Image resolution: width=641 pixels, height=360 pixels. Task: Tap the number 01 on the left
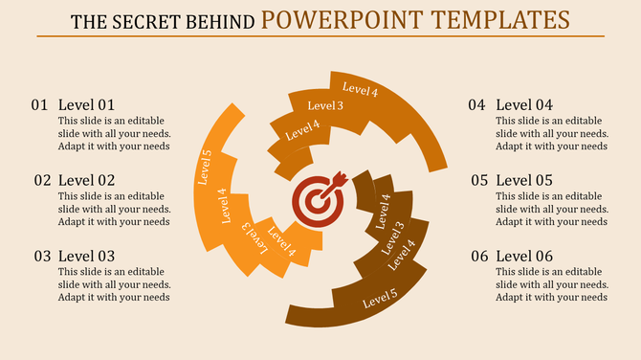click(x=39, y=104)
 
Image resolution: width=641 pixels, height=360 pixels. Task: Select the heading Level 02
click(x=86, y=180)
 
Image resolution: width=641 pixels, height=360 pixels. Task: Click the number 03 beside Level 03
click(x=42, y=257)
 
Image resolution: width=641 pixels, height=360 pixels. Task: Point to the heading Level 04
click(x=524, y=104)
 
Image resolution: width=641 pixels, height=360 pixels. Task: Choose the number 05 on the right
click(x=478, y=180)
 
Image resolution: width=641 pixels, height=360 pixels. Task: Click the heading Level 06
click(x=524, y=257)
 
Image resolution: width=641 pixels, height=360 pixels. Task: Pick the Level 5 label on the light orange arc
click(x=205, y=167)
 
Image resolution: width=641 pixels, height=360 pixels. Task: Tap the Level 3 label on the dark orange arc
click(x=325, y=105)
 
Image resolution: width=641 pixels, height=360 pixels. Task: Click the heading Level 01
click(x=86, y=104)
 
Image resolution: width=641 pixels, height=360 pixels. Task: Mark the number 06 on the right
click(x=478, y=257)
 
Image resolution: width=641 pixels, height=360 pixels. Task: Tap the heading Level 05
click(x=524, y=180)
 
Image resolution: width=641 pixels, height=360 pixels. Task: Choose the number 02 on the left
click(x=42, y=180)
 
